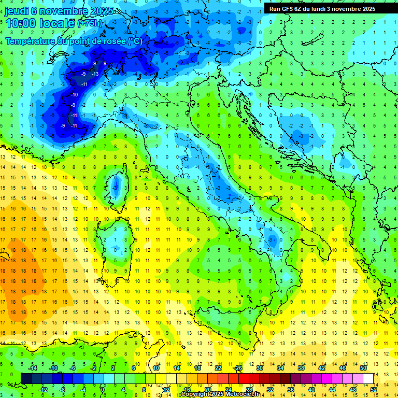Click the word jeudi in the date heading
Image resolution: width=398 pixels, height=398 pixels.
click(x=17, y=11)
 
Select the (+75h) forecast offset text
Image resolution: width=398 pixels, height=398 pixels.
click(x=90, y=23)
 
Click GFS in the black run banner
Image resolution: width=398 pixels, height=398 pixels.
click(x=289, y=8)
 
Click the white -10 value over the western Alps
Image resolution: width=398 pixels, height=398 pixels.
click(x=75, y=95)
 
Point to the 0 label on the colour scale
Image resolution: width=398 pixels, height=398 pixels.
click(x=103, y=389)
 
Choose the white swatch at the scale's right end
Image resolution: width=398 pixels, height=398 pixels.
click(x=368, y=378)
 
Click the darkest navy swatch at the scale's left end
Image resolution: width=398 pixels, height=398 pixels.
click(x=26, y=378)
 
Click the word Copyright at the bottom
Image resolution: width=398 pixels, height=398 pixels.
click(x=198, y=394)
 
